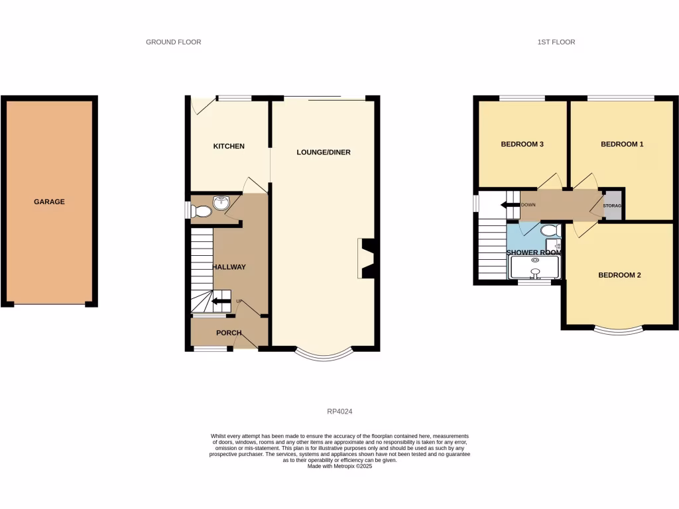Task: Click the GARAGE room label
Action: click(50, 201)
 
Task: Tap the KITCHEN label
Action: click(229, 146)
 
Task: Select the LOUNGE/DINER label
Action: click(323, 152)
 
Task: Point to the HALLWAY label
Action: click(229, 267)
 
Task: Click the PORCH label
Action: click(229, 333)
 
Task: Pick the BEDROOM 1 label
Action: click(622, 144)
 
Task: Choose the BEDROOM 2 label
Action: click(619, 275)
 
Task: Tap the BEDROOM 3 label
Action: click(523, 144)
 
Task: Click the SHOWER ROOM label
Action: click(534, 253)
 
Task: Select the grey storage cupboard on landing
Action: click(613, 205)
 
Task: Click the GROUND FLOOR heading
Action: click(174, 42)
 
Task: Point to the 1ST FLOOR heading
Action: click(556, 42)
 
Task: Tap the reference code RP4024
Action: click(339, 411)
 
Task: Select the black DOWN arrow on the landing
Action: click(509, 205)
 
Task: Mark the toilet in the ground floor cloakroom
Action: click(201, 211)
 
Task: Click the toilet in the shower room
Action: click(548, 231)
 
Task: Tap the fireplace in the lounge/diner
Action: click(367, 258)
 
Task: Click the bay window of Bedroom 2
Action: click(619, 330)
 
